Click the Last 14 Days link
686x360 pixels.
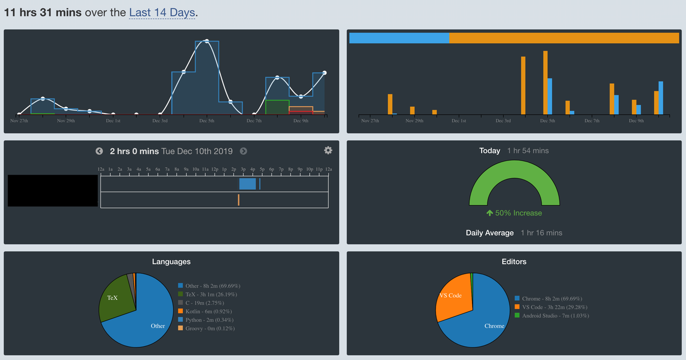point(162,13)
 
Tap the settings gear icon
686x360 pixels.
point(328,150)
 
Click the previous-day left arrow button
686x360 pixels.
point(99,151)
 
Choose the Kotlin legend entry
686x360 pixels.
point(208,312)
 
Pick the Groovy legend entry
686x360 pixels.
point(209,328)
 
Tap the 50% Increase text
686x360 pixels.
point(514,213)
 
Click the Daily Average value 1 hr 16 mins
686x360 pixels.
point(541,233)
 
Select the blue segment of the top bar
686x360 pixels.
point(399,38)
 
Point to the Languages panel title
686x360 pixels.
point(171,262)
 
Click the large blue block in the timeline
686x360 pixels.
point(247,184)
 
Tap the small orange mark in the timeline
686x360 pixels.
point(239,200)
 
